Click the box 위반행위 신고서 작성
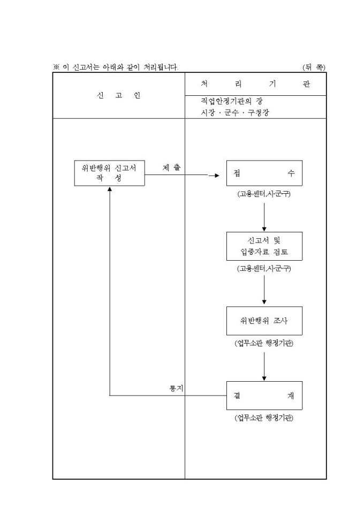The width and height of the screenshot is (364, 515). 109,173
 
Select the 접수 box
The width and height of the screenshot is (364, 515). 264,173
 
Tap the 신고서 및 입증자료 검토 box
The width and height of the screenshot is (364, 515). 264,246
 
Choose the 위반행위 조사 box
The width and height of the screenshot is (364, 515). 264,321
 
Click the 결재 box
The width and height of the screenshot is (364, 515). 264,396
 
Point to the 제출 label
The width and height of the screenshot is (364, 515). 171,168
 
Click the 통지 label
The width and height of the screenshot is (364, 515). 176,388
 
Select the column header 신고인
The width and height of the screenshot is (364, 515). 118,95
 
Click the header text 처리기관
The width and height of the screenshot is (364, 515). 255,84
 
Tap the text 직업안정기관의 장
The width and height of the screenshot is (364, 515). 232,101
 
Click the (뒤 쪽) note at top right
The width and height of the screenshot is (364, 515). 313,67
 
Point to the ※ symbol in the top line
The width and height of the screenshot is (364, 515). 56,67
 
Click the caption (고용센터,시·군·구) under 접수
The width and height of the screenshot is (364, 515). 264,194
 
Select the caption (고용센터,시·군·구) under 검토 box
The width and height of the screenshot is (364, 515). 264,269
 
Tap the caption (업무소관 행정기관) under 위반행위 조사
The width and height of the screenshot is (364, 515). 264,343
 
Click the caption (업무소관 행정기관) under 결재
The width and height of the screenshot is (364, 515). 264,418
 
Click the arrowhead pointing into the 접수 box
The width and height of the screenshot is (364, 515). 217,175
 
